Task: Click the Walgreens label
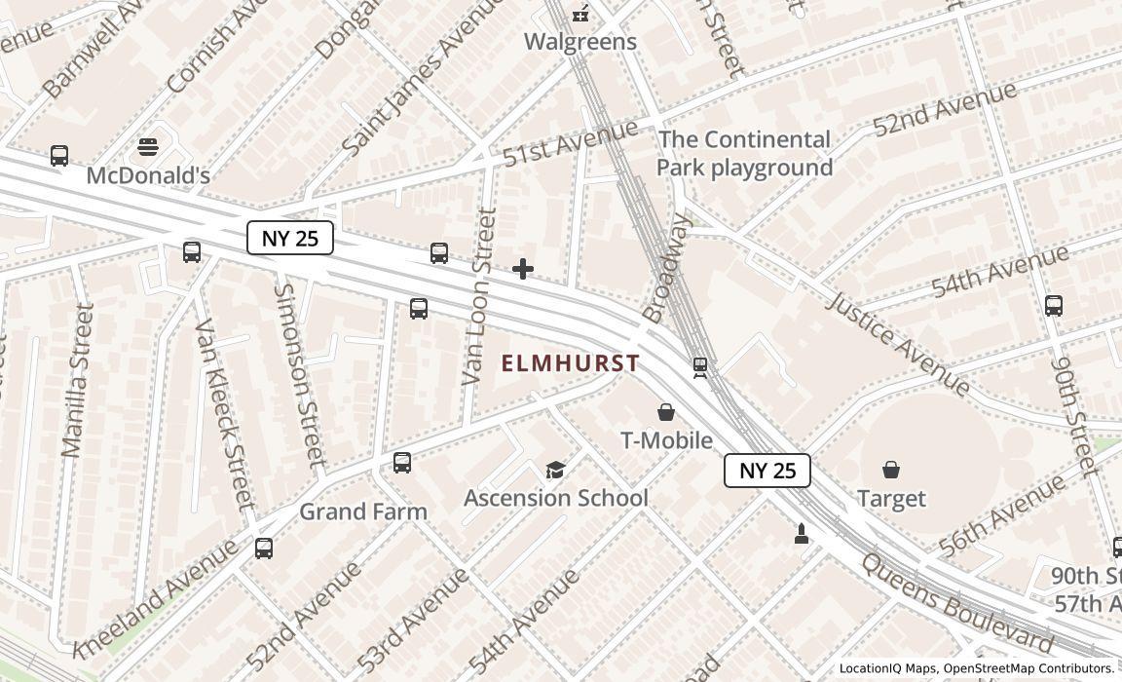click(x=580, y=42)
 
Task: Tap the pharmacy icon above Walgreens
click(x=581, y=13)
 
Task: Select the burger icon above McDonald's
click(x=148, y=147)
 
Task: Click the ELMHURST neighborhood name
click(x=571, y=363)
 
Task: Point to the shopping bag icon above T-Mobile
click(x=666, y=412)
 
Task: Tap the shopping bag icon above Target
click(x=891, y=470)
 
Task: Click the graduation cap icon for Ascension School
click(x=555, y=471)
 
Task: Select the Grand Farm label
click(x=362, y=511)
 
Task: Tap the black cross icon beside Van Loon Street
click(x=523, y=269)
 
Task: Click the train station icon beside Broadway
click(x=699, y=367)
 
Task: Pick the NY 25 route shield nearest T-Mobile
click(x=767, y=471)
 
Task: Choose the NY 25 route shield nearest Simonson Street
click(x=290, y=238)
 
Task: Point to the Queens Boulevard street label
click(x=956, y=605)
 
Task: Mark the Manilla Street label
click(x=78, y=380)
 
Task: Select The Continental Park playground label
click(x=745, y=153)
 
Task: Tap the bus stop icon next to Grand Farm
click(x=402, y=463)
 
